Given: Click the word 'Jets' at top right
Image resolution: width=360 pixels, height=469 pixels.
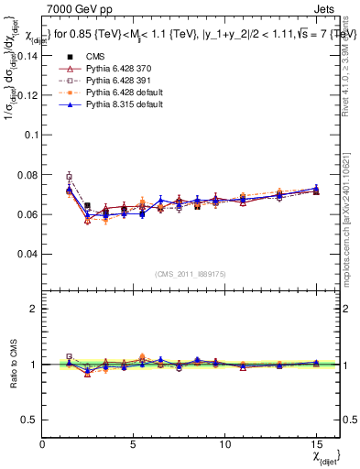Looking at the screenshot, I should (x=326, y=7).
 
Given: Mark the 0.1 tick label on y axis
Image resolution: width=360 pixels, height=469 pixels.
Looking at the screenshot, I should (x=31, y=135).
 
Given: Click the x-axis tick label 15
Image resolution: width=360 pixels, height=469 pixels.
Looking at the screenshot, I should (x=316, y=443).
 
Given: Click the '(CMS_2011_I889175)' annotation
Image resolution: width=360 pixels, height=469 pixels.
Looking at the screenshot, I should (x=191, y=273).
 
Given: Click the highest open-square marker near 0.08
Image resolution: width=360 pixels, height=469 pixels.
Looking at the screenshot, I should (x=70, y=176).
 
